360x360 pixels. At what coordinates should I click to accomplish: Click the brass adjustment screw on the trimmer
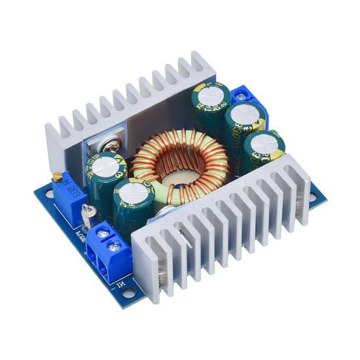[x=58, y=176]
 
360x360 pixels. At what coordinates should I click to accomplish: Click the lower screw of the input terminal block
[x=116, y=247]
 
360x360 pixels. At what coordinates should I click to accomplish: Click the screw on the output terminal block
[x=244, y=97]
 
